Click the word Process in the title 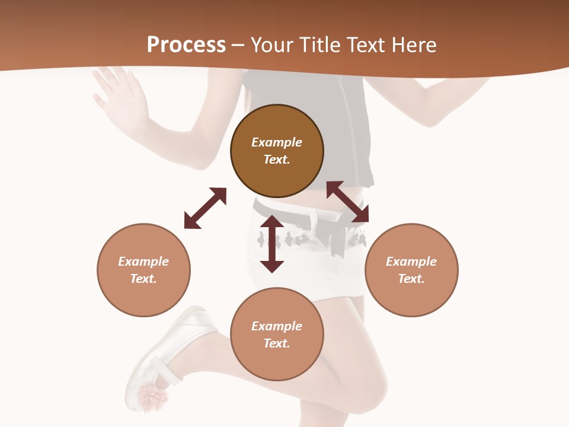186,45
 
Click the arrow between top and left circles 205,208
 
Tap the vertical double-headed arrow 272,244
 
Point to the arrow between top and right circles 347,202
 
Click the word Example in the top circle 277,142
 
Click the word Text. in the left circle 143,279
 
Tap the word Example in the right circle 411,262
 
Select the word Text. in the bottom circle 277,343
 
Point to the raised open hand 119,95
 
